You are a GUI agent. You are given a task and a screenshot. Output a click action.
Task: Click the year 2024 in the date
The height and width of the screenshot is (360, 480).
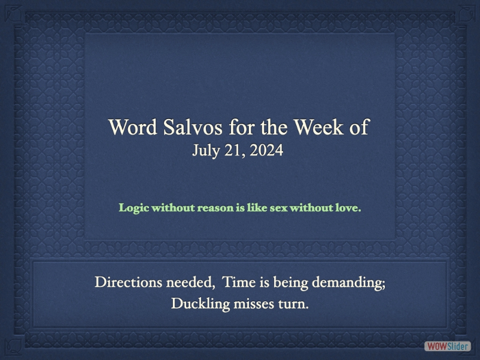coord(266,151)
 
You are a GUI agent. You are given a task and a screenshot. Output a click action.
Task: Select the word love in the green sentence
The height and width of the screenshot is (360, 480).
coord(347,208)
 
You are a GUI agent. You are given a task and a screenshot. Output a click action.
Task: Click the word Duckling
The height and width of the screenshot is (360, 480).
coord(200,304)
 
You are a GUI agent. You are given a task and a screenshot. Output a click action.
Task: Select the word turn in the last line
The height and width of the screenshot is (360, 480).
coord(294,304)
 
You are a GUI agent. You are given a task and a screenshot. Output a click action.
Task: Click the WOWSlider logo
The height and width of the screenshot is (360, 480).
coord(447,346)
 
